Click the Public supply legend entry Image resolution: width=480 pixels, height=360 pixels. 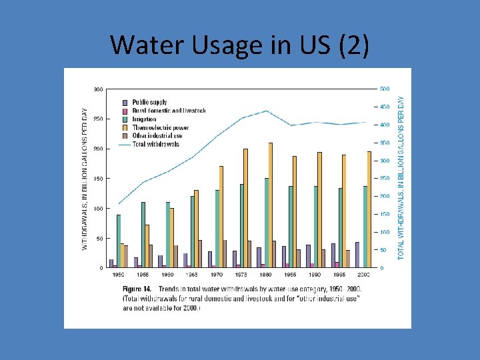pyautogui.click(x=149, y=102)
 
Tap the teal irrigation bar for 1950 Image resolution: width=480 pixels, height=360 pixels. pyautogui.click(x=119, y=241)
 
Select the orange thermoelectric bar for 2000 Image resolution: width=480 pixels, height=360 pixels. pyautogui.click(x=369, y=209)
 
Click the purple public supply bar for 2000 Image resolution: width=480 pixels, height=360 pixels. pyautogui.click(x=357, y=255)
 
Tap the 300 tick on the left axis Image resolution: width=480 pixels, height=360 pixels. pyautogui.click(x=97, y=89)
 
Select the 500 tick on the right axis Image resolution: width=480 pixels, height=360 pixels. pyautogui.click(x=385, y=89)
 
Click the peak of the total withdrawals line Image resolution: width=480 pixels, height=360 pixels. pyautogui.click(x=267, y=111)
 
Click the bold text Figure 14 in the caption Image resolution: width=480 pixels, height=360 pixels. pyautogui.click(x=139, y=289)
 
